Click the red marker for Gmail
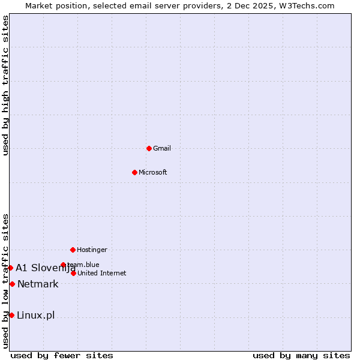(x=149, y=148)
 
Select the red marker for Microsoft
(x=134, y=172)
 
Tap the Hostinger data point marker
(x=73, y=250)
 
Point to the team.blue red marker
(x=63, y=265)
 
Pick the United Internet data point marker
(x=73, y=273)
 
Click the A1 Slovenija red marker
(x=10, y=268)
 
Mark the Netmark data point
(x=12, y=284)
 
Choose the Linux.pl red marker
(x=11, y=315)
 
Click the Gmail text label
(x=162, y=148)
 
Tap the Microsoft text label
(x=153, y=172)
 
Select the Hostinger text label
(x=92, y=250)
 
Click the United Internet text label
(x=102, y=273)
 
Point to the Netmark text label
(x=38, y=284)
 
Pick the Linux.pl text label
(x=36, y=315)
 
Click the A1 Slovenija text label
(x=46, y=268)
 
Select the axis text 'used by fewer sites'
(x=62, y=355)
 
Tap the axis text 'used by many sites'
(x=301, y=355)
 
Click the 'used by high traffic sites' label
(x=5, y=85)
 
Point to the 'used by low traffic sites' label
(x=5, y=281)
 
